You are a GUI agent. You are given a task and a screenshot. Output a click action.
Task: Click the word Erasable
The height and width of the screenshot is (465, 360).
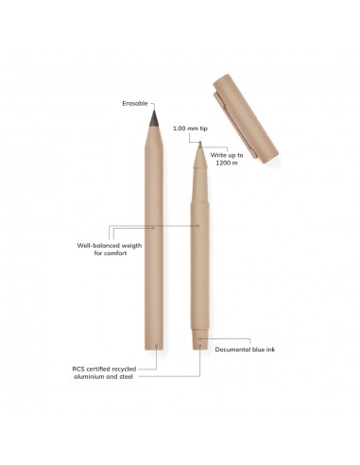pyautogui.click(x=135, y=103)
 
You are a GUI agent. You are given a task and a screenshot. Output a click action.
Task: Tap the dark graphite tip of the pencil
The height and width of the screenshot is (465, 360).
pyautogui.click(x=154, y=118)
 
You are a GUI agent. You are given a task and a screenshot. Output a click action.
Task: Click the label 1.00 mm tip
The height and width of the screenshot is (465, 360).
pyautogui.click(x=190, y=129)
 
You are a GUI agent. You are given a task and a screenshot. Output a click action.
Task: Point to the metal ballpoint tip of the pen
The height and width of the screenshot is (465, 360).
pyautogui.click(x=200, y=145)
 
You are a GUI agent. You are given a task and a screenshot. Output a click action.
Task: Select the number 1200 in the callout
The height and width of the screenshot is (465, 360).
pyautogui.click(x=222, y=163)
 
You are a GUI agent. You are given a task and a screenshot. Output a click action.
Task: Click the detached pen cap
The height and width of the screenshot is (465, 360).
pyautogui.click(x=246, y=118)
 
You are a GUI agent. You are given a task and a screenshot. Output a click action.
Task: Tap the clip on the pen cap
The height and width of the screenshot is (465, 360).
pyautogui.click(x=233, y=124)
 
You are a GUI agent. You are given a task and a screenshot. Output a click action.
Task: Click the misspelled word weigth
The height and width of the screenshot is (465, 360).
pyautogui.click(x=131, y=246)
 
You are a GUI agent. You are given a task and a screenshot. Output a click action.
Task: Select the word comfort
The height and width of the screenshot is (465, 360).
pyautogui.click(x=114, y=253)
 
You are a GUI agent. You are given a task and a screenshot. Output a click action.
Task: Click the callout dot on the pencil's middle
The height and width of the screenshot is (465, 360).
pyautogui.click(x=153, y=228)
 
